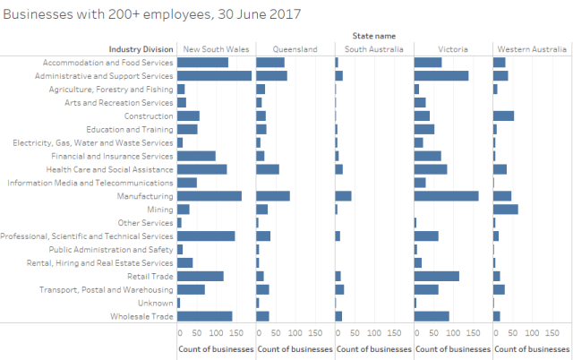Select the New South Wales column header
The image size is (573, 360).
pos(216,49)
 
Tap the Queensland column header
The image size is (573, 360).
pos(295,49)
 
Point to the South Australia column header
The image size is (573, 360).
pos(373,49)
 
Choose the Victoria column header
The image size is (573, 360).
pos(452,49)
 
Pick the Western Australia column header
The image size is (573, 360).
pos(532,49)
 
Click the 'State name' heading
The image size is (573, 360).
pos(374,36)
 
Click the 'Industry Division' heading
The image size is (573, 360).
pos(141,49)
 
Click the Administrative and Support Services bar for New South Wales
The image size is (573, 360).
pos(215,76)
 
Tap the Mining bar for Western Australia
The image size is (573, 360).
pos(506,210)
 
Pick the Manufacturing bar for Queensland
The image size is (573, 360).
pos(273,196)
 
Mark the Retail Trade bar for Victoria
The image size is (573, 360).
pos(437,277)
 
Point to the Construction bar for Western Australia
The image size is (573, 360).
pos(504,116)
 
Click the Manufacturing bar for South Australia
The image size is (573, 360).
pos(344,196)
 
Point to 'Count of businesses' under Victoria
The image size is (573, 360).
pos(452,347)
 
